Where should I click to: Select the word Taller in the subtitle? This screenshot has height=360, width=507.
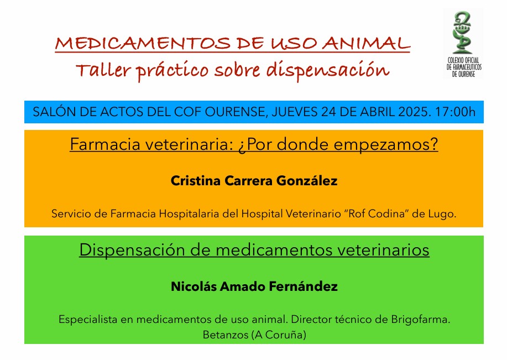(x=103, y=70)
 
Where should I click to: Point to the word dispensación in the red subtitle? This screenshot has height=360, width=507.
(x=328, y=71)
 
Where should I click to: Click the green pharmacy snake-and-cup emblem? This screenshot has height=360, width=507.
(x=462, y=32)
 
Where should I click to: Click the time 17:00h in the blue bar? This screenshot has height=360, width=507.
(x=455, y=112)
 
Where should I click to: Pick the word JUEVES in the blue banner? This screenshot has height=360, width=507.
(x=295, y=112)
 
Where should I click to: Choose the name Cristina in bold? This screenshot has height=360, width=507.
(x=196, y=180)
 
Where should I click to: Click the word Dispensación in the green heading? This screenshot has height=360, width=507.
(x=133, y=250)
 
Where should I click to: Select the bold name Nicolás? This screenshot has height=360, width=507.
(x=194, y=286)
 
